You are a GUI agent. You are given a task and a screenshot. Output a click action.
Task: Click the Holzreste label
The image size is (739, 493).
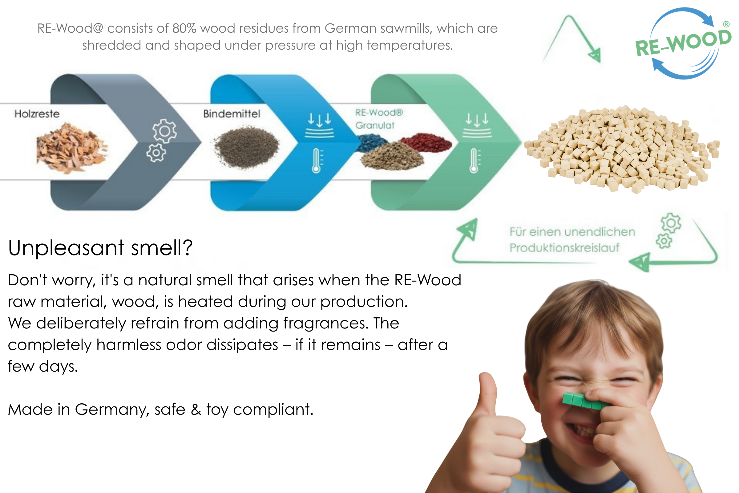[x=37, y=114]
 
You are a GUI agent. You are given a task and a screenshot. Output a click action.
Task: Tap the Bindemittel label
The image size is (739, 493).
[x=232, y=114]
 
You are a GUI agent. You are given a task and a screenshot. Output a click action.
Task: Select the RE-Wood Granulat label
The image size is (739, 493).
[x=379, y=119]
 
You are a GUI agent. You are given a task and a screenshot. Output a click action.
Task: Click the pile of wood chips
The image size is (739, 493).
[x=72, y=148]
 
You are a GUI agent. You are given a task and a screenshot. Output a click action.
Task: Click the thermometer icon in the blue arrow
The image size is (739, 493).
[x=317, y=161]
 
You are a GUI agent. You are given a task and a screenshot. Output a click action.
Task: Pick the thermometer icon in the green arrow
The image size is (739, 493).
[x=474, y=161]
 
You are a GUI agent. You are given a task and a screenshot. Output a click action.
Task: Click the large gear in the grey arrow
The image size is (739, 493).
[x=165, y=131]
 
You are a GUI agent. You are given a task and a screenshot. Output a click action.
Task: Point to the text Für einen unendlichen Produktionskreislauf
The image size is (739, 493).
[x=572, y=240]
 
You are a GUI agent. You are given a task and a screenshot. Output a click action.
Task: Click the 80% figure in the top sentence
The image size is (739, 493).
[x=184, y=28]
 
